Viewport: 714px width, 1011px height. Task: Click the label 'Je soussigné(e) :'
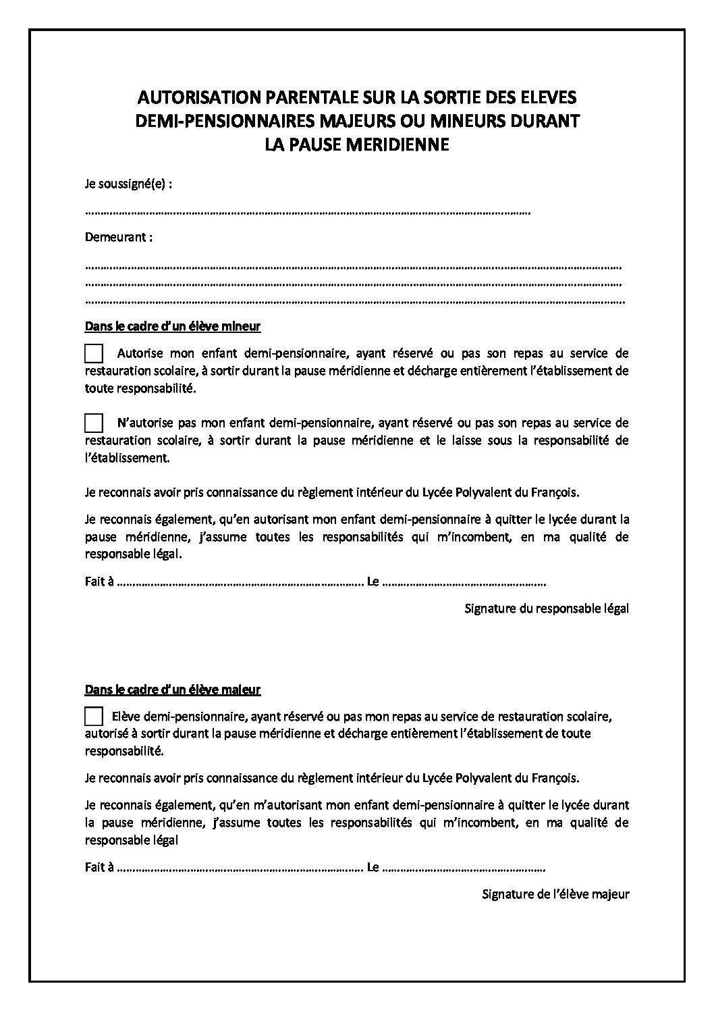(127, 184)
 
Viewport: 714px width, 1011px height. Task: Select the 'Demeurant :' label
(118, 238)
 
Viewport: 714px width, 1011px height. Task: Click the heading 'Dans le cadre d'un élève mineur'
(173, 327)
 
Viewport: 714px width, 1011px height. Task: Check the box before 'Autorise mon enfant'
(94, 353)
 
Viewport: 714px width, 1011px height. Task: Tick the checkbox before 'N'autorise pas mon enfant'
(94, 423)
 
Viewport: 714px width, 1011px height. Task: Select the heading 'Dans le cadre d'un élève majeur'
(173, 690)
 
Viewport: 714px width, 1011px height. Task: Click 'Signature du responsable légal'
(547, 608)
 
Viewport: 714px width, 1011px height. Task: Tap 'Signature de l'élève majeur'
(555, 894)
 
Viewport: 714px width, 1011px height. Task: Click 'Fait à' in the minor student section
(99, 581)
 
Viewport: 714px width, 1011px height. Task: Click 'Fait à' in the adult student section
(99, 867)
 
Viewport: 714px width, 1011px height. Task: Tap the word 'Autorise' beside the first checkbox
(139, 353)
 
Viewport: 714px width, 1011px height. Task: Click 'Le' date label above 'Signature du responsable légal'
(373, 581)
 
